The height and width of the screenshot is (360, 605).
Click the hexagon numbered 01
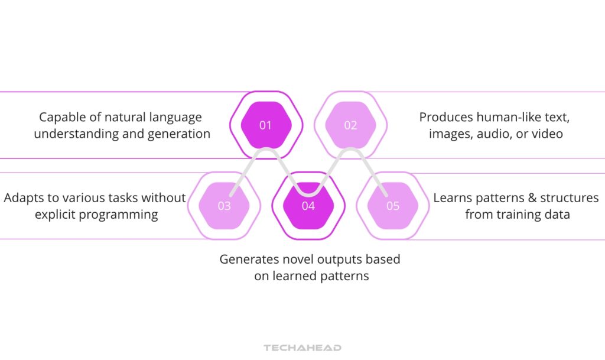tap(266, 125)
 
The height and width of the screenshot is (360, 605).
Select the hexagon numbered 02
tap(350, 125)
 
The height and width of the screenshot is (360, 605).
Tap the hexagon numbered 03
tap(224, 206)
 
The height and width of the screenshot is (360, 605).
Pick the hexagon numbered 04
tap(308, 206)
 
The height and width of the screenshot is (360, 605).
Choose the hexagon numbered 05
tap(393, 206)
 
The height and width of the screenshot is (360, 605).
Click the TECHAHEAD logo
tap(302, 348)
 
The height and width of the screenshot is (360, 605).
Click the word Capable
tap(58, 117)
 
